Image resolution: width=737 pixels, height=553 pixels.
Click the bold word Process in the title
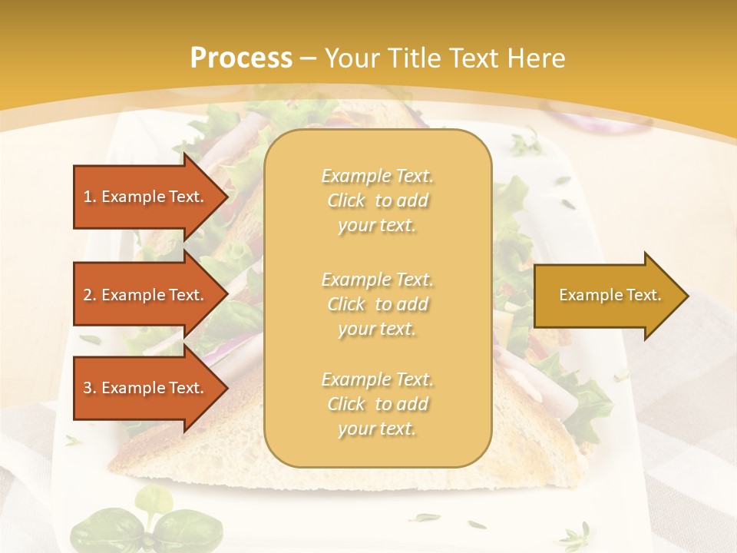[241, 58]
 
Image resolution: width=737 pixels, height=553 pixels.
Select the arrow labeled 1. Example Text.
[146, 197]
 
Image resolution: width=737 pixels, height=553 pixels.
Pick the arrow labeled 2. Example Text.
[146, 295]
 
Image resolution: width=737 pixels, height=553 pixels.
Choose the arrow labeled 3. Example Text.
[146, 388]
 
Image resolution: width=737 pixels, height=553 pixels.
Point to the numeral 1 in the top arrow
[88, 197]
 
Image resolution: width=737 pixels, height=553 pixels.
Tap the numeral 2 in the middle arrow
[88, 295]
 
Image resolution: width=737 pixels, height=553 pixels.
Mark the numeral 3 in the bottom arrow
[88, 388]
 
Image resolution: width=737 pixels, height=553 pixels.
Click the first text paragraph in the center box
[377, 200]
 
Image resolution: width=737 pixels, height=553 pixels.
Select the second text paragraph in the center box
[377, 304]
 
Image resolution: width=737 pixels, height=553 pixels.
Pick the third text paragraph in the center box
[377, 404]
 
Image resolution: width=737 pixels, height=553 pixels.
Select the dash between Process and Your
[309, 58]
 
